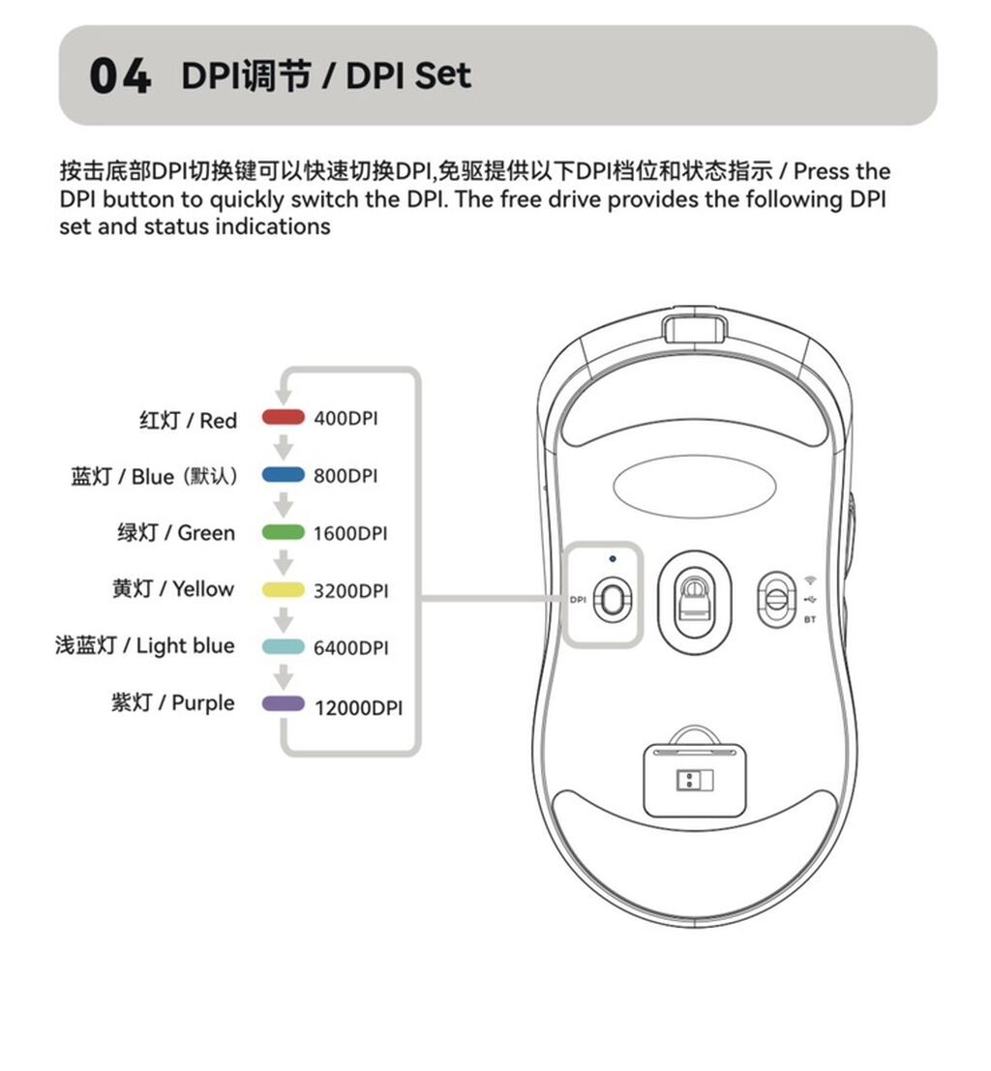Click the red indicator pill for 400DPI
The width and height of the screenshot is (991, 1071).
[283, 417]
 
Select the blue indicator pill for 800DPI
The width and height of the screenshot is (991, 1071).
[283, 475]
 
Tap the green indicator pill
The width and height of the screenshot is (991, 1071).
[283, 532]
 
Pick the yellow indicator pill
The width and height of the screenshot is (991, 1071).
[283, 589]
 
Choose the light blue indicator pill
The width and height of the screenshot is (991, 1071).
[283, 646]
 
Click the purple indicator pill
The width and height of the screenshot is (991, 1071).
[283, 703]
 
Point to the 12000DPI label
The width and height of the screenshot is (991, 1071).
[358, 707]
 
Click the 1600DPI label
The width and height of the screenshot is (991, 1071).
[350, 533]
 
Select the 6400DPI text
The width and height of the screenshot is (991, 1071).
[350, 647]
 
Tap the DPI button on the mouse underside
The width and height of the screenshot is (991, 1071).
[613, 600]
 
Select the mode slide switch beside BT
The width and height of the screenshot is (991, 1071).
[776, 599]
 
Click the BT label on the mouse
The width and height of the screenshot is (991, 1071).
[810, 619]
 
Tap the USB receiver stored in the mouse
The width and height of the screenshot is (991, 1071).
[695, 780]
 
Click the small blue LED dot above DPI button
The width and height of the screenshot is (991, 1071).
[613, 559]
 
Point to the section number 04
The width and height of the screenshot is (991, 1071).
[120, 75]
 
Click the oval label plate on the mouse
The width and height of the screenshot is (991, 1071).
[695, 487]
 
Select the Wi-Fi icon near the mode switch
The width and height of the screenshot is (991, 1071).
[810, 580]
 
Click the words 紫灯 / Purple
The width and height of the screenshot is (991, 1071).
[173, 702]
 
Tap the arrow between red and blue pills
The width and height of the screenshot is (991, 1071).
[283, 447]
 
